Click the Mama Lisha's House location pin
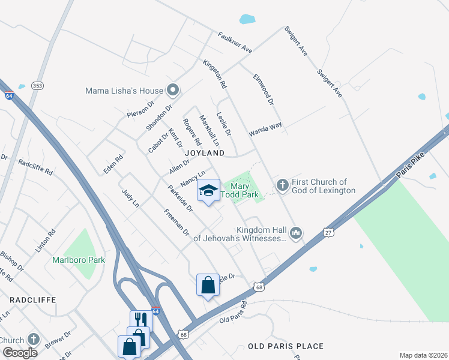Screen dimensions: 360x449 173,91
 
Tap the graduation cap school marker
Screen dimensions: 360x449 208,191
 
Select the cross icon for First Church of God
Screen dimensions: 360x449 281,184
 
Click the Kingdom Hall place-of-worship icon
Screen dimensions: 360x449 295,233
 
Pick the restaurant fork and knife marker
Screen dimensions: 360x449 141,319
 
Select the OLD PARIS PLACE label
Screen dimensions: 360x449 286,346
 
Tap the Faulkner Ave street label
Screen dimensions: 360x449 235,43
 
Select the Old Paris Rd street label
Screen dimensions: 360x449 234,311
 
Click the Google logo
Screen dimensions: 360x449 19,353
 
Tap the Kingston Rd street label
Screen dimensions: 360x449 214,74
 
